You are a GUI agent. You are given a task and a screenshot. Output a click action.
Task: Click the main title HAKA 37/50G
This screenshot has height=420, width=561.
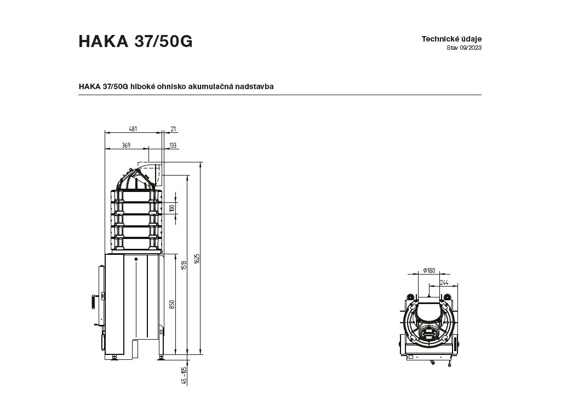[x=136, y=42]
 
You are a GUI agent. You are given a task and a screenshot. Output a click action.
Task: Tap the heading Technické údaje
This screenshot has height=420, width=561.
[x=451, y=39]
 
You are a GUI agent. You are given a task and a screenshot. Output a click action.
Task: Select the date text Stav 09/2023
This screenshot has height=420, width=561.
[x=464, y=48]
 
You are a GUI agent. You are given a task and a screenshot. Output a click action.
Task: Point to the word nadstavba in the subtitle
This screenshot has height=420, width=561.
[x=254, y=86]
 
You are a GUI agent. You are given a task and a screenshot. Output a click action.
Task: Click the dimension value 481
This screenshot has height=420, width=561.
[x=133, y=129]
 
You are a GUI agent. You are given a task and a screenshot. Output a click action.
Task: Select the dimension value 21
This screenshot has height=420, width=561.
[x=173, y=129]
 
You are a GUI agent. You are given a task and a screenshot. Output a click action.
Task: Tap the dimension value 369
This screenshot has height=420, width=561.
[x=126, y=145]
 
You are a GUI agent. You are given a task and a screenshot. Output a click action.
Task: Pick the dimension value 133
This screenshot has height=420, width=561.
[x=173, y=145]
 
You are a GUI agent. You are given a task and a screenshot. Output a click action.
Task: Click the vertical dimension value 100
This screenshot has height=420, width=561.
[x=172, y=208]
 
